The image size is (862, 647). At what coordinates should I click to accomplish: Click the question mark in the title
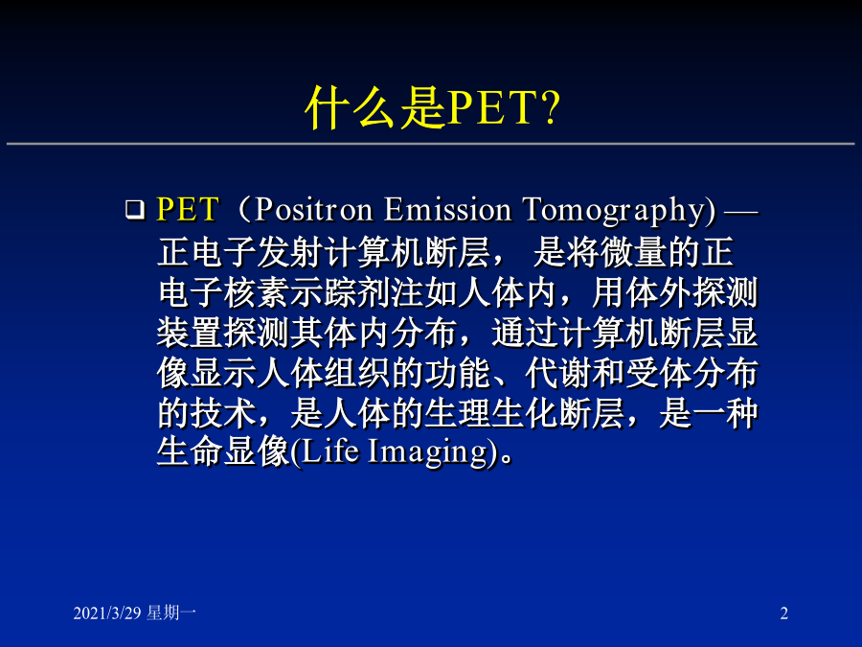tap(548, 106)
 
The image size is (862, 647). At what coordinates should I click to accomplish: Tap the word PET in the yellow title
tap(491, 107)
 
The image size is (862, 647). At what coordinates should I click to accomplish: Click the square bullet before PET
tap(135, 210)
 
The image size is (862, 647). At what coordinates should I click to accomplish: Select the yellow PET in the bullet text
tap(188, 210)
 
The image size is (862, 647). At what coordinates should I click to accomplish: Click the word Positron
tap(313, 210)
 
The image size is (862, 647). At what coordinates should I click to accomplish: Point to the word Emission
tap(447, 210)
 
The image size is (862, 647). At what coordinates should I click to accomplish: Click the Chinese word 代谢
tap(558, 373)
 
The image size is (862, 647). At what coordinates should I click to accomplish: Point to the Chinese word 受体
tap(659, 373)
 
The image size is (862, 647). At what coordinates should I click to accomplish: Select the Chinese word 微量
tap(633, 252)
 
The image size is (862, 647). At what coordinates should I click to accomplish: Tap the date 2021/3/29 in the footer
tap(107, 612)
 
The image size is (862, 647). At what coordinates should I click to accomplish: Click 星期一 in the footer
tap(171, 612)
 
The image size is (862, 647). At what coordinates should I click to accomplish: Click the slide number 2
tap(784, 612)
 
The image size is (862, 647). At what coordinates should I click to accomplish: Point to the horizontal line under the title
tap(431, 144)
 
